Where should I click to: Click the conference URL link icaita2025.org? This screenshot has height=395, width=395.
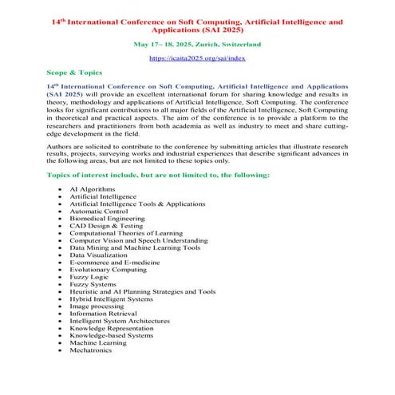point(197,59)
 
